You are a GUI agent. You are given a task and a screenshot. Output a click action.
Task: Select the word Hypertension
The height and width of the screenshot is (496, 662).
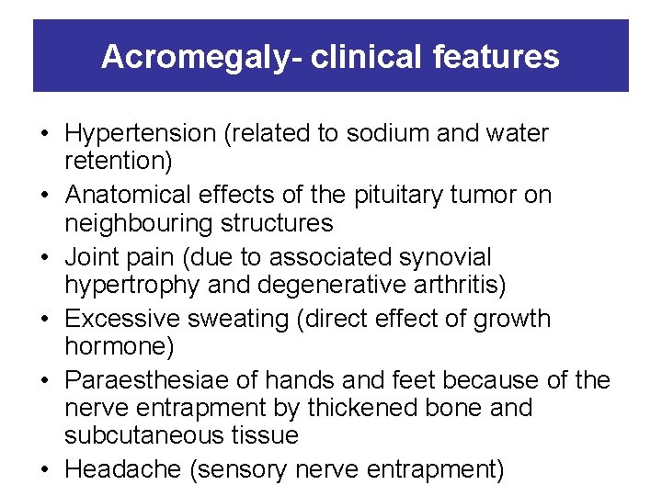tap(141, 134)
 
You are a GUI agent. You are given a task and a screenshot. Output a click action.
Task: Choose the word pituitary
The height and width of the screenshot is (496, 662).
tap(408, 196)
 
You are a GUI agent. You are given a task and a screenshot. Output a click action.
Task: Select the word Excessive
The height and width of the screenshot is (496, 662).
tap(122, 319)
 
